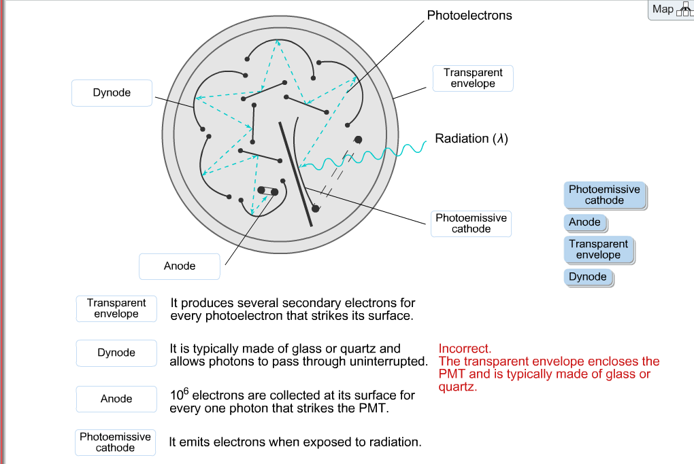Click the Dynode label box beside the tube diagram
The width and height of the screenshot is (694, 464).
coord(112,93)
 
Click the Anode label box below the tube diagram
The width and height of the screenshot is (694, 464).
coord(180,266)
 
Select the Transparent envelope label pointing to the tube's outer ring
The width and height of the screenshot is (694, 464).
coord(473,78)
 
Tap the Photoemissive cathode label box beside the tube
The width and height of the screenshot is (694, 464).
coord(471,224)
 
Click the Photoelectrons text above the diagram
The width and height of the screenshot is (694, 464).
coord(469,15)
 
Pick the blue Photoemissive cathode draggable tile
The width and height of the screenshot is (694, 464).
coord(604,195)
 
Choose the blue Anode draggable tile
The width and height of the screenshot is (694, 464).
coord(584,222)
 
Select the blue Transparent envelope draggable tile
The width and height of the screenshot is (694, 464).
coord(598,249)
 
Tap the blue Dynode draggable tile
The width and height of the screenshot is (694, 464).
coord(587,276)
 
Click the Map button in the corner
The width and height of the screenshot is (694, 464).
coord(670,10)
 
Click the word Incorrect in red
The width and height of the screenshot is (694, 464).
coord(465,349)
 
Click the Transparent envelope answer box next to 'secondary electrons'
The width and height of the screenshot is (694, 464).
coord(116,308)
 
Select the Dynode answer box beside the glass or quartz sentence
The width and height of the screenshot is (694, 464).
coord(116,353)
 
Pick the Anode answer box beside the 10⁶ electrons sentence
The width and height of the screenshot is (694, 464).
coord(116,399)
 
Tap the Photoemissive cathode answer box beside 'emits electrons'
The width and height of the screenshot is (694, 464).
coord(115,442)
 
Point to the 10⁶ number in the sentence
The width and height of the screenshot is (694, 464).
coord(179,394)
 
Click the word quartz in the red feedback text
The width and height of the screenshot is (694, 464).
coord(457,387)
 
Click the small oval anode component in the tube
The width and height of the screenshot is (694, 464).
coord(267,191)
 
